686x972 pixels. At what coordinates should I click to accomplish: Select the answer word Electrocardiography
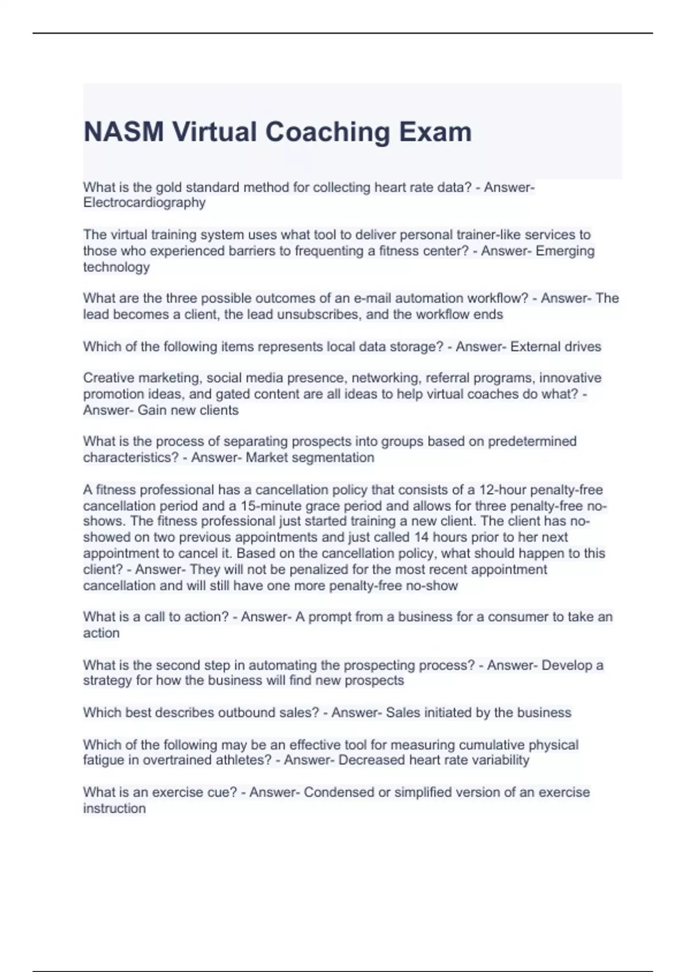click(x=144, y=203)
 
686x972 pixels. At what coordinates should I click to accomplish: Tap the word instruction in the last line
click(x=114, y=808)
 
